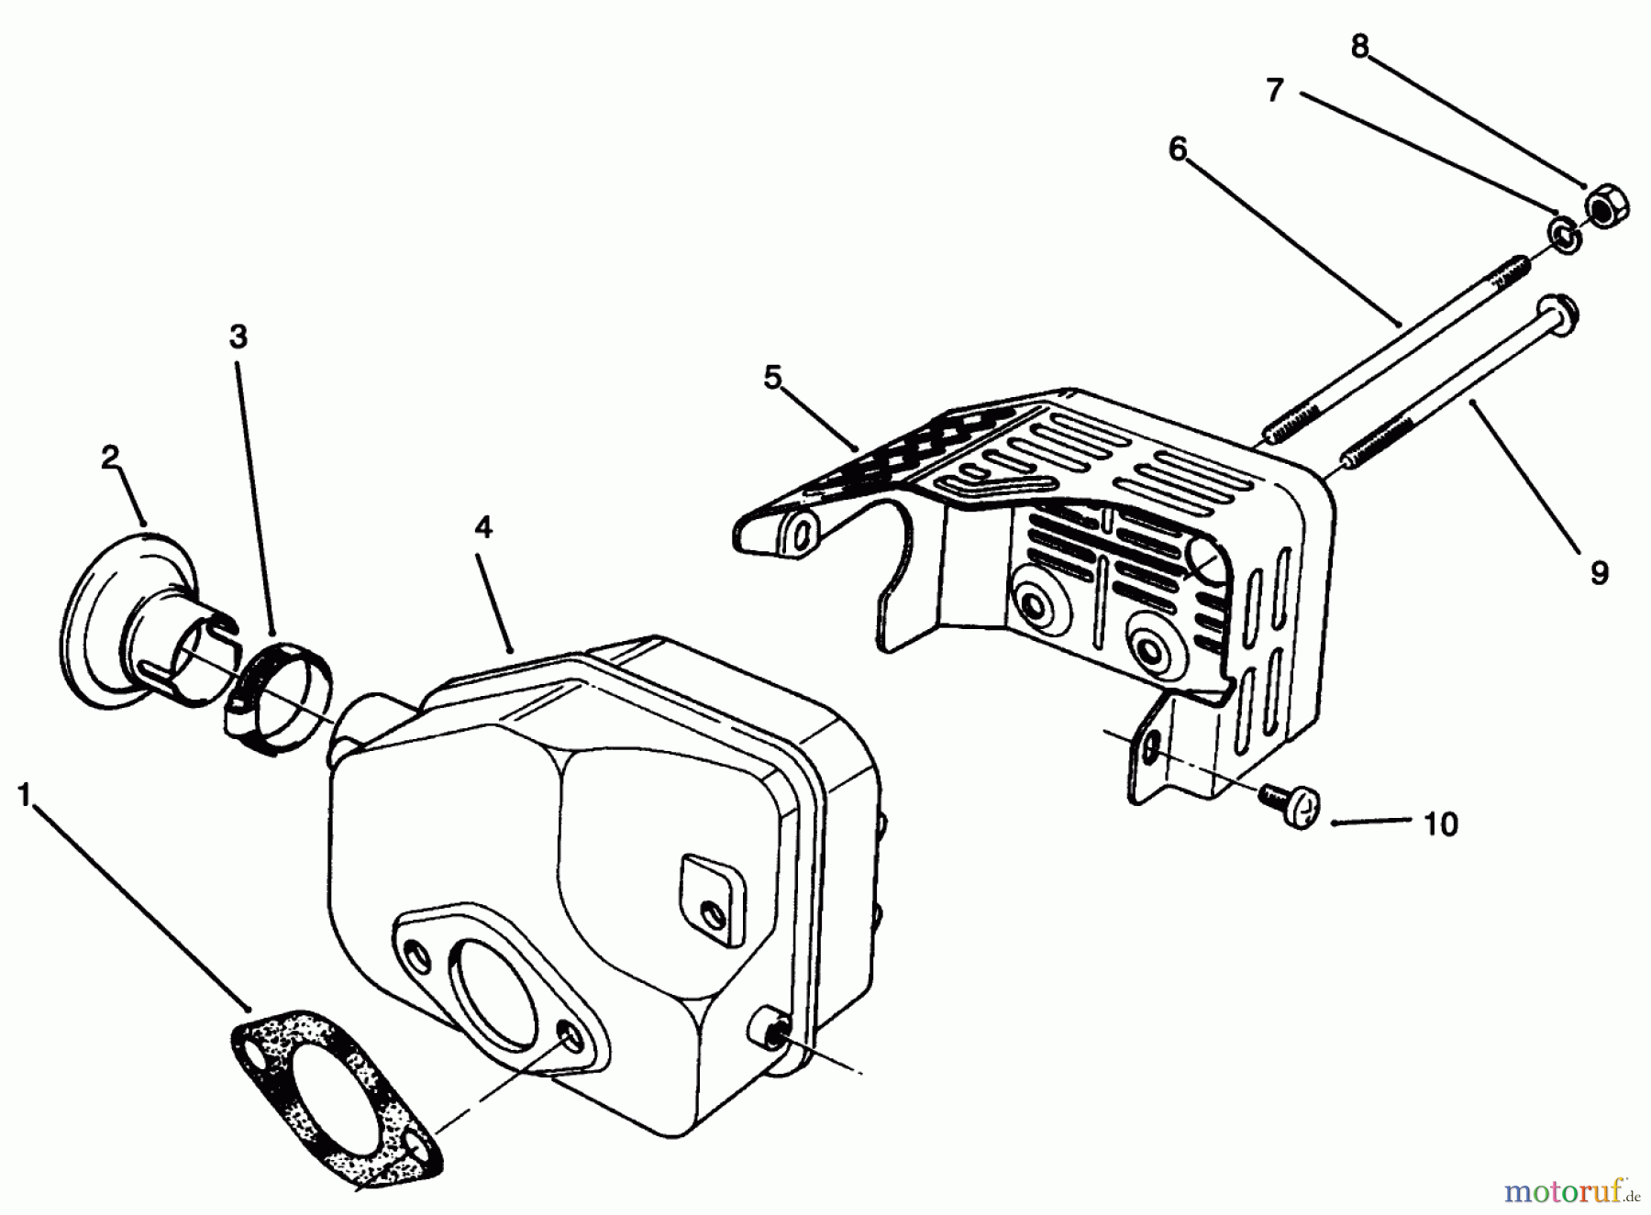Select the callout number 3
pyautogui.click(x=238, y=337)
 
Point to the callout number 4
pyautogui.click(x=483, y=527)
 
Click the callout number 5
pyautogui.click(x=772, y=377)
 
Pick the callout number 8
pyautogui.click(x=1359, y=47)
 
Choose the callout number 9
pyautogui.click(x=1599, y=574)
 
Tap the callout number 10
pyautogui.click(x=1441, y=824)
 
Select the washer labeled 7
pyautogui.click(x=1565, y=235)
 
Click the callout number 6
pyautogui.click(x=1178, y=149)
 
